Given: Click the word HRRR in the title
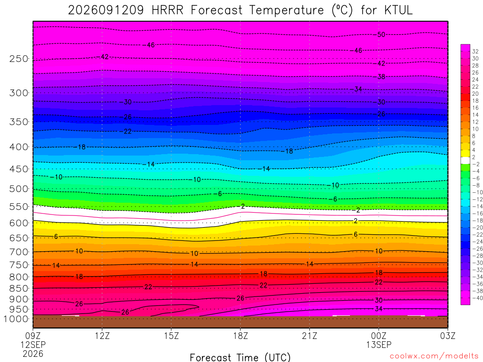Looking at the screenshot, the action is click(x=167, y=10).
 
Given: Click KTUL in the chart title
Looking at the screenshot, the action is click(x=398, y=10).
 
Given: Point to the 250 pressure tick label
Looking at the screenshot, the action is click(x=19, y=58).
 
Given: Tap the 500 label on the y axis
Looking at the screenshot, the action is click(x=19, y=189).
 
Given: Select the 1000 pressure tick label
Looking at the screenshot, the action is click(x=16, y=319).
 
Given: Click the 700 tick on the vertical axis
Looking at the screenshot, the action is click(x=19, y=252).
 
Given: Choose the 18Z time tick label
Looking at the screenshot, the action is click(x=241, y=336).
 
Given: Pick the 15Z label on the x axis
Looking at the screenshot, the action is click(x=171, y=336).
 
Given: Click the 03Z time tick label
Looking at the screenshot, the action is click(x=448, y=336).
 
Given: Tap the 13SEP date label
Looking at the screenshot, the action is click(x=379, y=345).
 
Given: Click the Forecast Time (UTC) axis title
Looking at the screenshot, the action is click(x=240, y=357).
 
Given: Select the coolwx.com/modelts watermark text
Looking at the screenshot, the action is click(x=434, y=356).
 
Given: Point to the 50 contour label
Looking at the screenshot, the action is click(x=381, y=34).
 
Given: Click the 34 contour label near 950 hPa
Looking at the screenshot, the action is click(x=379, y=308).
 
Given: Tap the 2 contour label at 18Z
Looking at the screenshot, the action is click(x=243, y=206).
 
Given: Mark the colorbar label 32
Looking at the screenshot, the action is click(x=475, y=51).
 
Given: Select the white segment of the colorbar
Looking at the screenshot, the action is click(x=466, y=160).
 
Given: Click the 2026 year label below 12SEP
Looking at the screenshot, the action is click(x=33, y=354).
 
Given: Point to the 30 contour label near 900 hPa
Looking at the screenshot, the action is click(x=379, y=300).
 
